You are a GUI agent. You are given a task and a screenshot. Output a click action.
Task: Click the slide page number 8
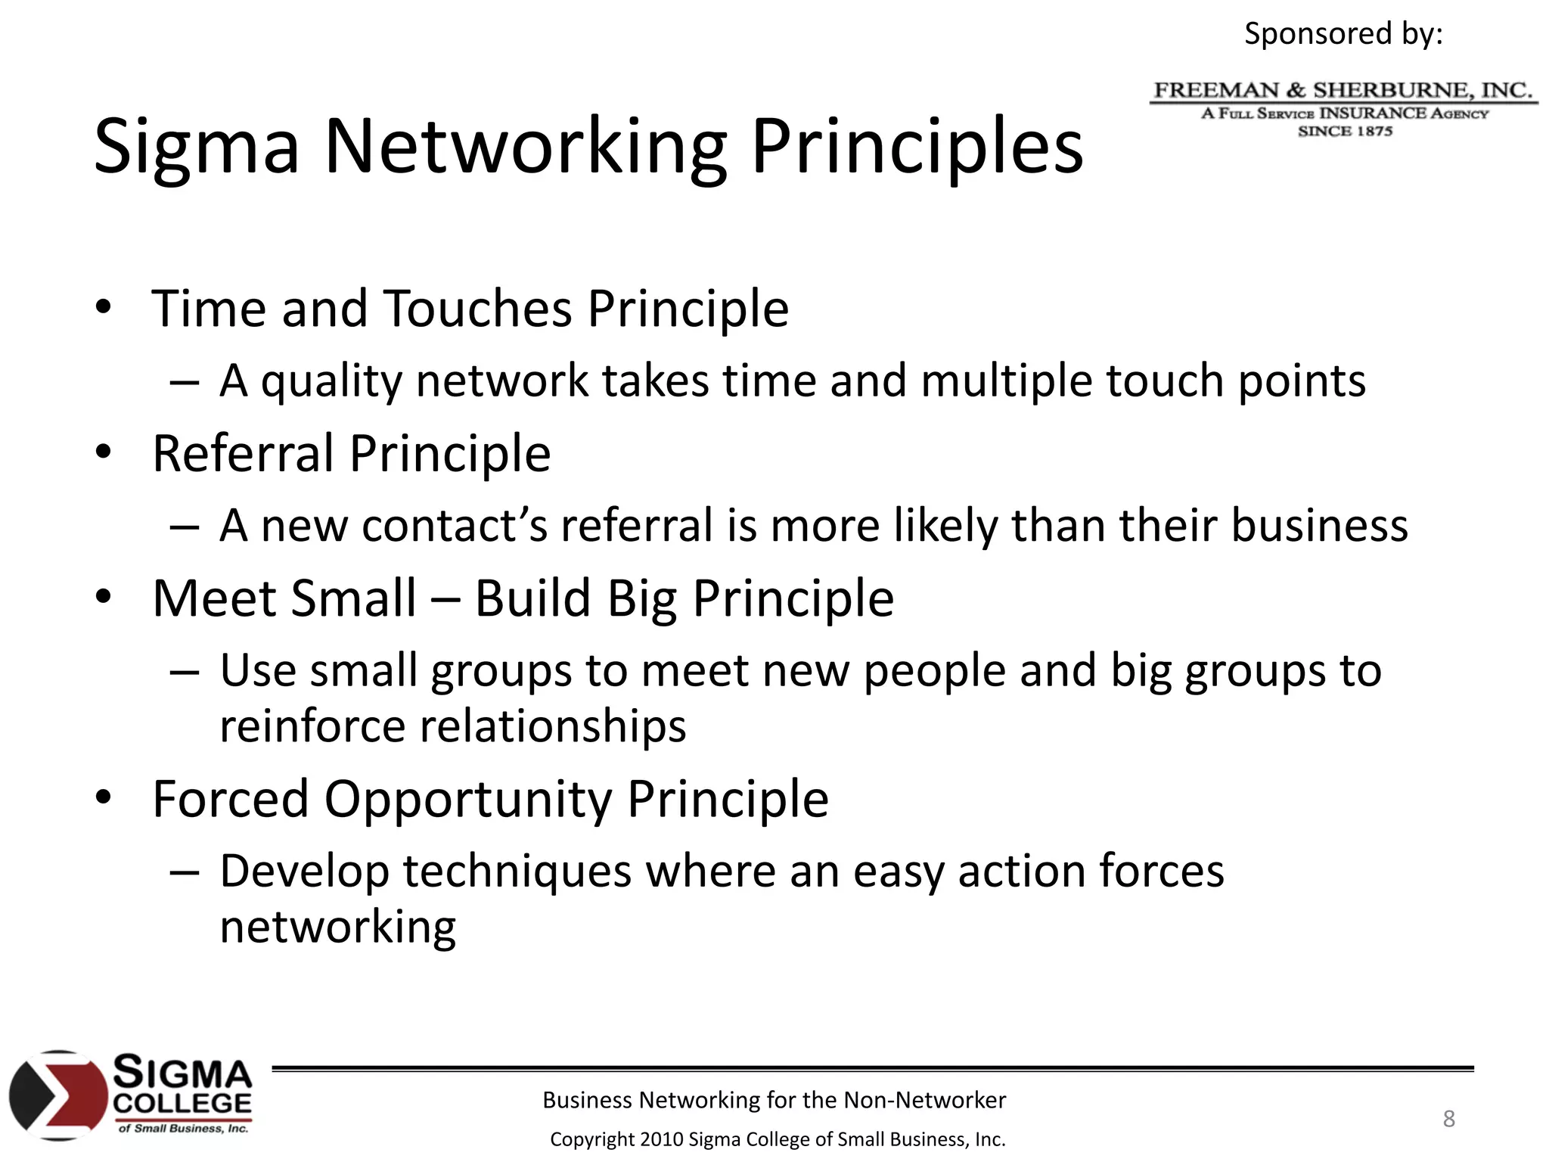(x=1448, y=1118)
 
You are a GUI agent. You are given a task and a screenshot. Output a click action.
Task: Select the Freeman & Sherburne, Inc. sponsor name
(x=1343, y=91)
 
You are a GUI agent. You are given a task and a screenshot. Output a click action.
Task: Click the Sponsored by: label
(x=1343, y=33)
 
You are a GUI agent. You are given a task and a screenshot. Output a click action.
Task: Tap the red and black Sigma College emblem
(x=57, y=1095)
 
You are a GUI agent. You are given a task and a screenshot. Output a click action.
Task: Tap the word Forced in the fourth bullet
(x=231, y=799)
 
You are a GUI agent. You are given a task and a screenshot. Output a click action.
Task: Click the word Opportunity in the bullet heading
(x=468, y=799)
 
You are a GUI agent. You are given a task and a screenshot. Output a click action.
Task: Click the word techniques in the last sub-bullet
(x=517, y=871)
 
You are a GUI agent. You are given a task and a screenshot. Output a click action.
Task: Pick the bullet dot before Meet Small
(x=104, y=598)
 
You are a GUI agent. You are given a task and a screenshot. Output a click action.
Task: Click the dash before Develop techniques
(x=185, y=871)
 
